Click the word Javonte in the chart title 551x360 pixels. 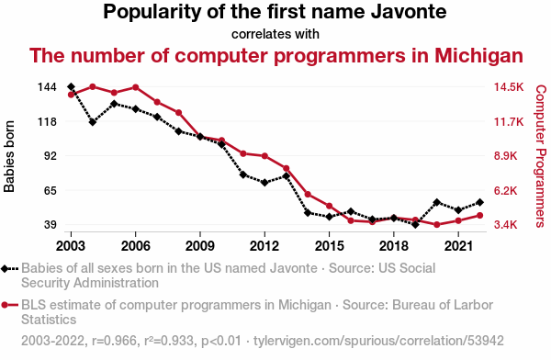click(x=409, y=11)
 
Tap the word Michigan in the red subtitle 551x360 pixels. click(x=479, y=55)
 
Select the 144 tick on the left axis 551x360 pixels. click(x=47, y=87)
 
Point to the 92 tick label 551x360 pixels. click(x=50, y=156)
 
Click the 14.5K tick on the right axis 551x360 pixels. click(x=509, y=87)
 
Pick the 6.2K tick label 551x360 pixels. click(x=506, y=190)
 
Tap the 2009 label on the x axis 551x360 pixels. click(x=200, y=246)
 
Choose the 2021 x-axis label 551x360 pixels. click(x=458, y=246)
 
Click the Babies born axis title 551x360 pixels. click(x=9, y=156)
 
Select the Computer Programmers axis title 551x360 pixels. click(x=541, y=156)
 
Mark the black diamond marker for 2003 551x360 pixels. click(x=71, y=86)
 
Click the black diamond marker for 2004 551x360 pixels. click(x=93, y=122)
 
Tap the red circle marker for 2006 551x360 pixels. click(x=136, y=87)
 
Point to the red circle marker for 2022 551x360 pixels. click(x=479, y=216)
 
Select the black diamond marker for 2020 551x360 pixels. click(x=437, y=202)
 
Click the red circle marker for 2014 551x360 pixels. click(x=308, y=195)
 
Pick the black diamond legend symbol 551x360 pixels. click(x=5, y=269)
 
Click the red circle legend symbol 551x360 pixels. click(x=5, y=305)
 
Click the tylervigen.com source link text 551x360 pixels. click(x=378, y=341)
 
